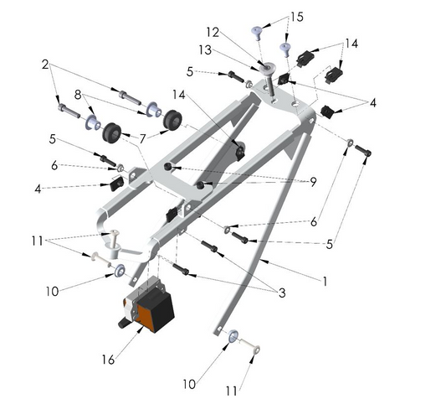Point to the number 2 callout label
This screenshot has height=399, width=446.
point(47,64)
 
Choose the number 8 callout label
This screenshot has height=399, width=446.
point(78,95)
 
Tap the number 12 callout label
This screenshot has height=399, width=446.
point(213,32)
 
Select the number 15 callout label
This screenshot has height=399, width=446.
point(297,17)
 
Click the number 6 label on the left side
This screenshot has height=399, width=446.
point(54,166)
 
